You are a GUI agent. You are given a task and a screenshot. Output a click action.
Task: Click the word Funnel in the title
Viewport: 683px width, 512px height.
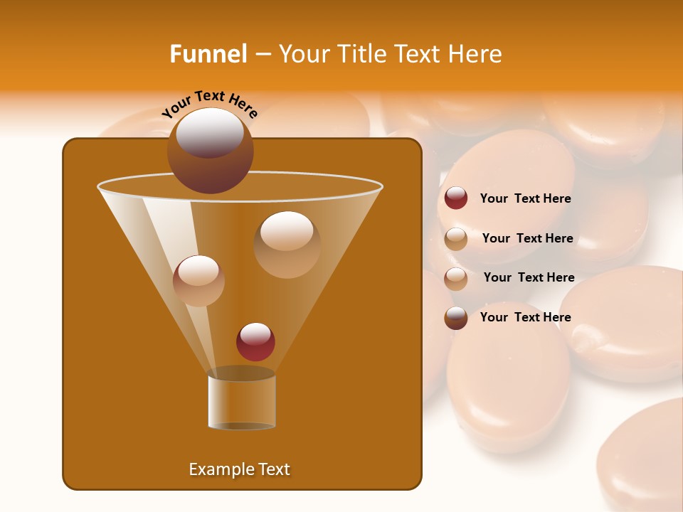coord(208,54)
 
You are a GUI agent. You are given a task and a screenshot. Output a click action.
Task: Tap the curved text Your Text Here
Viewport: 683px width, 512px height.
coord(210,104)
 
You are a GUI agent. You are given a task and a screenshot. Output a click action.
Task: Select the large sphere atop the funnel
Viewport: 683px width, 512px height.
coord(210,150)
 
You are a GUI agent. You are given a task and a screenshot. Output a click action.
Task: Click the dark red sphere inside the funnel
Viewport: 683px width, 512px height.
coord(255,342)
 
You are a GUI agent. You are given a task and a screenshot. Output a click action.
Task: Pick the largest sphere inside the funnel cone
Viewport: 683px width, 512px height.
coord(287,244)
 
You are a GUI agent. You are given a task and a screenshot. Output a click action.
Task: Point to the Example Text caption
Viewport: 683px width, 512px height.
coord(239,469)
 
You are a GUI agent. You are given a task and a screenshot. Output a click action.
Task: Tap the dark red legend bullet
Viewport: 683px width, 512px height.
coord(456,198)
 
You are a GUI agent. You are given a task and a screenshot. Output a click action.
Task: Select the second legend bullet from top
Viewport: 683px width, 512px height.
coord(456,239)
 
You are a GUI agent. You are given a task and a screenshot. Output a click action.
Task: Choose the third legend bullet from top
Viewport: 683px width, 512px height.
coord(456,279)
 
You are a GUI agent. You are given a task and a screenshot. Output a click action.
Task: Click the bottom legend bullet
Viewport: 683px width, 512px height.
coord(456,318)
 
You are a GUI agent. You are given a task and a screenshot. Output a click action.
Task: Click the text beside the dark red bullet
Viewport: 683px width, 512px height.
coord(525,198)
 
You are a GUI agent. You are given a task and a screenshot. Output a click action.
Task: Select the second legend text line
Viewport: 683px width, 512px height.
coord(527,238)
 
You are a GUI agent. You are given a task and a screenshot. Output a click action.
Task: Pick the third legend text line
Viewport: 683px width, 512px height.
coord(529,277)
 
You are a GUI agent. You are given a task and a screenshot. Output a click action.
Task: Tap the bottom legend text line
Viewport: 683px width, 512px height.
coord(525,317)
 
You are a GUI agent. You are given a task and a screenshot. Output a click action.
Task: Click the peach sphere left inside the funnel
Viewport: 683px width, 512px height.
coord(198,280)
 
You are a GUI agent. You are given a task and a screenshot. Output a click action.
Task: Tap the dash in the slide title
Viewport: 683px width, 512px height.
coord(262,54)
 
